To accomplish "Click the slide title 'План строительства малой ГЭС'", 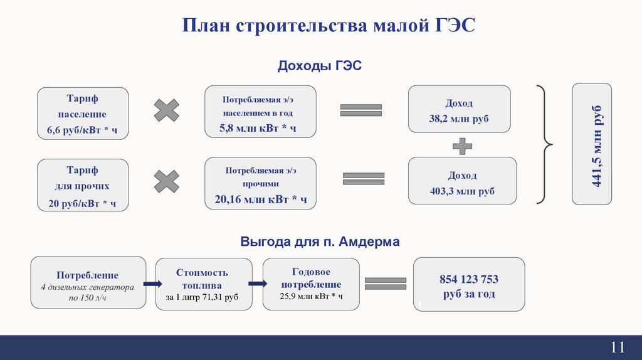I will pyautogui.click(x=329, y=27).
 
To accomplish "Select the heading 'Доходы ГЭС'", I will pyautogui.click(x=320, y=66).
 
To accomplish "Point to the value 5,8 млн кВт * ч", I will pyautogui.click(x=257, y=129).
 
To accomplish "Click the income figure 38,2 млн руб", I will pyautogui.click(x=459, y=119).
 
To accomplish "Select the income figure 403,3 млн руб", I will pyautogui.click(x=462, y=191).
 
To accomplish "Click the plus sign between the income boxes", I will pyautogui.click(x=462, y=146).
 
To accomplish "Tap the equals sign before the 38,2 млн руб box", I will pyautogui.click(x=361, y=110).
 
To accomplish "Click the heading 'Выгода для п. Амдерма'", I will pyautogui.click(x=320, y=241).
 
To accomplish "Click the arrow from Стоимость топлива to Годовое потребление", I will pyautogui.click(x=258, y=284).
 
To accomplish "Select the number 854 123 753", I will pyautogui.click(x=469, y=280).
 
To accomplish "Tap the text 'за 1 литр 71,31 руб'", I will pyautogui.click(x=203, y=297).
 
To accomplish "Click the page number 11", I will pyautogui.click(x=618, y=347).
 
